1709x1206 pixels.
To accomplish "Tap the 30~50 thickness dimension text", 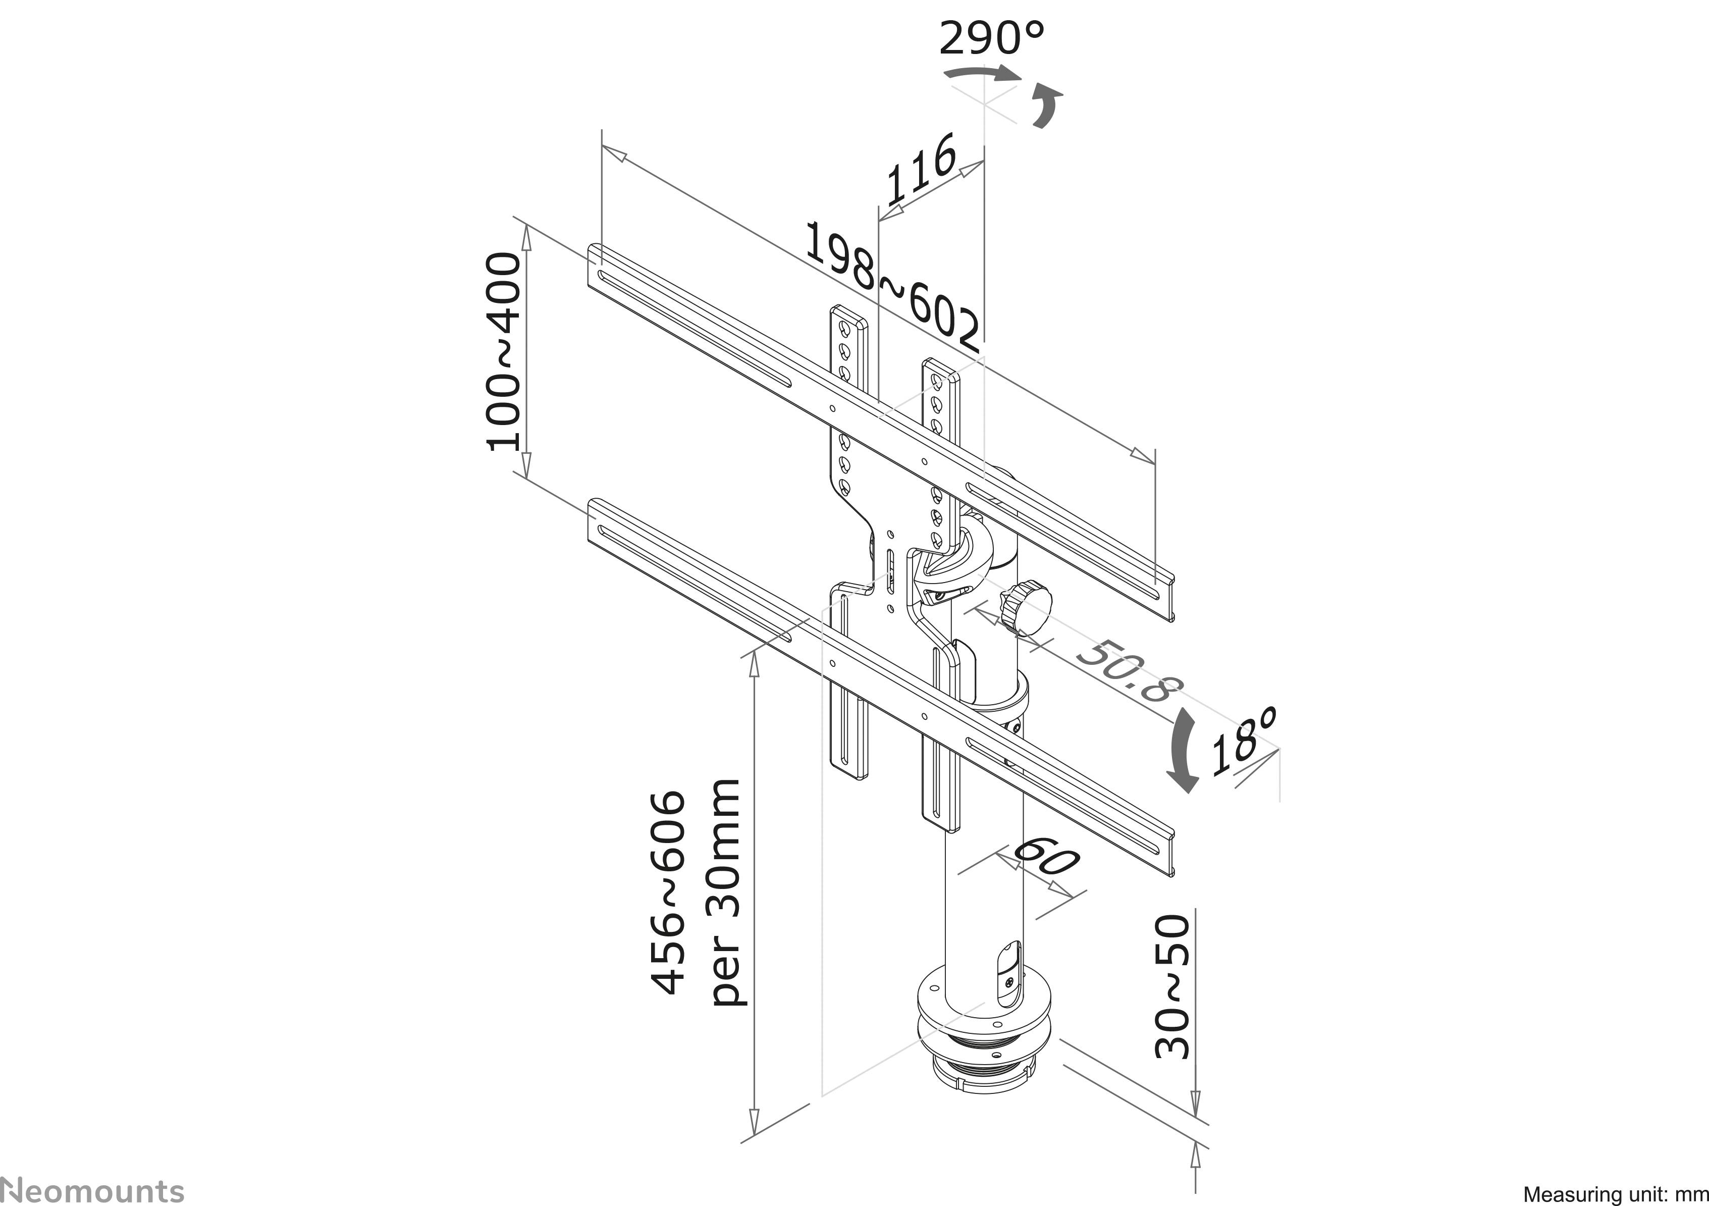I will pyautogui.click(x=1174, y=987).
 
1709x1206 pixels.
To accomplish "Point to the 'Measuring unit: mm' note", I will pyautogui.click(x=1615, y=1194).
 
